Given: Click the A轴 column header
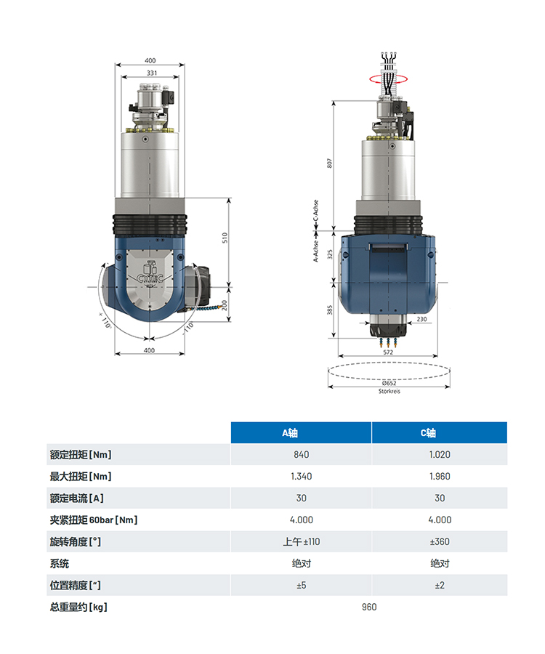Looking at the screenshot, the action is point(290,433).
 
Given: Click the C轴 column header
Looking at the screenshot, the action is point(428,433).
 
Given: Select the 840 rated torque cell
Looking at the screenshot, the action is point(301,455).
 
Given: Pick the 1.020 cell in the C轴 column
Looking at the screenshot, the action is point(440,455).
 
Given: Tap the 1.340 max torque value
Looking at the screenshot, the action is point(301,476).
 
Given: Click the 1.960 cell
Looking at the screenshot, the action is point(440,476).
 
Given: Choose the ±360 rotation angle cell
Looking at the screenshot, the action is point(440,542).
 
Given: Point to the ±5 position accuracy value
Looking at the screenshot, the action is point(301,585).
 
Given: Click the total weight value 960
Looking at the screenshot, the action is point(369,607).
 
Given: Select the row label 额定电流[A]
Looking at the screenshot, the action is point(77,498).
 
